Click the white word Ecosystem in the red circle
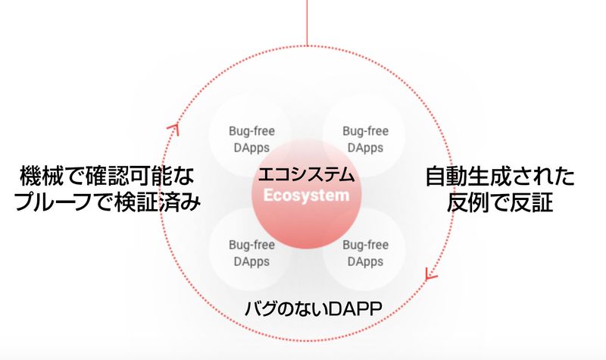pos(307,195)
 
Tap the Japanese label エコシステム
pos(307,174)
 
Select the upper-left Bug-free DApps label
pos(248,139)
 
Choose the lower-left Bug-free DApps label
pos(248,253)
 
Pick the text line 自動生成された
pos(499,178)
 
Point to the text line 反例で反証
pos(499,203)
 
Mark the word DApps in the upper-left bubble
pos(248,147)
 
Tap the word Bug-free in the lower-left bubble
pos(248,245)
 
